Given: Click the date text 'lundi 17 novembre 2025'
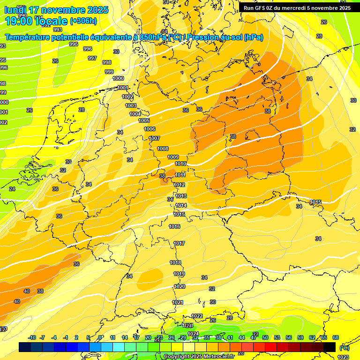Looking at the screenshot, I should pos(56,10).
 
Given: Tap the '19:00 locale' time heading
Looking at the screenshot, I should pos(36,21).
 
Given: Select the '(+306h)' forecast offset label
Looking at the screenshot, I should pos(83,21).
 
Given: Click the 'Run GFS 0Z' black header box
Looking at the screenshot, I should pos(297,7).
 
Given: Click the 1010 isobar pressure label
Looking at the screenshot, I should pos(180,164).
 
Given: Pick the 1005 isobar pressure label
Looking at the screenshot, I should pos(144,120).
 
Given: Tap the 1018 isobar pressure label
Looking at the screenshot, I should pos(175,262).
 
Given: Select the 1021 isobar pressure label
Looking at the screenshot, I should pos(178,302).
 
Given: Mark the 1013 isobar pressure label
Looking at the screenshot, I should pos(181,196).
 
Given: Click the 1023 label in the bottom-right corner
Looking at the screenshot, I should pos(343,357).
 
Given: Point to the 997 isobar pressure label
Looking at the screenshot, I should pos(92,58).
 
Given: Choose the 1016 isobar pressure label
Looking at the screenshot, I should pos(174,226).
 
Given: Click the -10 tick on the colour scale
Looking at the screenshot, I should pos(32,338).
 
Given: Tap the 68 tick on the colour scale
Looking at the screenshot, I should pos(336,338).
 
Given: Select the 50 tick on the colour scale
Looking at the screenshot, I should pos(265,338).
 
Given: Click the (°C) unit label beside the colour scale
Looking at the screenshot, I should pos(345,348).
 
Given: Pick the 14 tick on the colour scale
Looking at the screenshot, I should pos(125,338).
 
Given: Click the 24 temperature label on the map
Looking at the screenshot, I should pos(12,189).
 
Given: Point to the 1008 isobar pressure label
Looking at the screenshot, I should pos(163,149).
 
